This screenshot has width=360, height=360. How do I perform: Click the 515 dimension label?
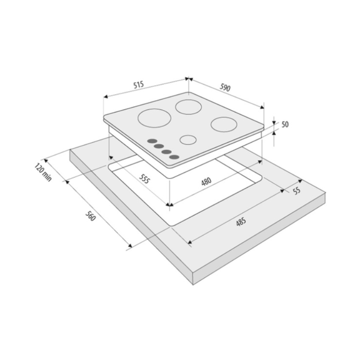[139, 85]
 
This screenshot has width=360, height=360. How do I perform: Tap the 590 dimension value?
[225, 88]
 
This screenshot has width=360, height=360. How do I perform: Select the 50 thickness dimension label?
[285, 125]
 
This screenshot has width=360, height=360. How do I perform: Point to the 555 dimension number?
[144, 179]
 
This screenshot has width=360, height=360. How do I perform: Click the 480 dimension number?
[206, 181]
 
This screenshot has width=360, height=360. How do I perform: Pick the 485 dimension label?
[241, 222]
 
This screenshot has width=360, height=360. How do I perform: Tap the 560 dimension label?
[90, 216]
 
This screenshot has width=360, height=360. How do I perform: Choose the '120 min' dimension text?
[43, 172]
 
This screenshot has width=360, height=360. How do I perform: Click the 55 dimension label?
[297, 191]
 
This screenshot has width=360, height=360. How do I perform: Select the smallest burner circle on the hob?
[188, 140]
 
